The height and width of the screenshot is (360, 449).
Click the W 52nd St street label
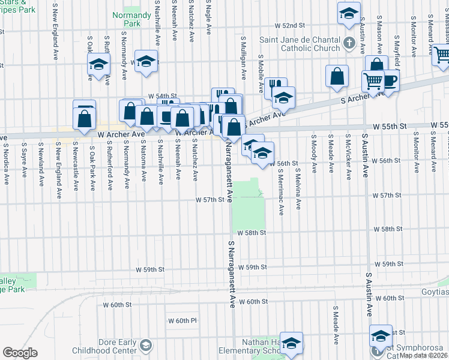coord(291,26)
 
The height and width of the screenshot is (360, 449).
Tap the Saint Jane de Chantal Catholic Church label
coord(300,44)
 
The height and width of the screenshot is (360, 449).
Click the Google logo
coord(20,353)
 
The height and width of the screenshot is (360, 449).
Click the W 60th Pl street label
coord(182,321)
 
